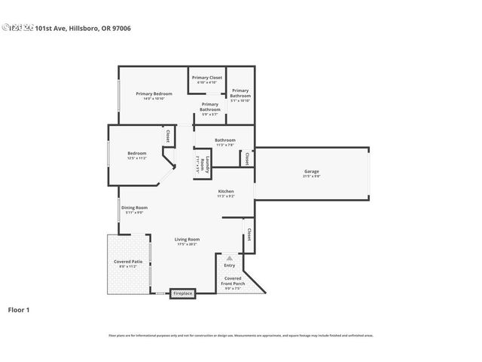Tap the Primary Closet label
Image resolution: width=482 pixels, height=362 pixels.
(x=206, y=78)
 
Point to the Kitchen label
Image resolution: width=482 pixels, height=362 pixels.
(x=227, y=192)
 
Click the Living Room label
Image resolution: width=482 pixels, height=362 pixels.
(x=188, y=239)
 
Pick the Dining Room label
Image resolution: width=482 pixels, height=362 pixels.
(x=135, y=207)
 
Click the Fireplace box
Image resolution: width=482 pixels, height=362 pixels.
(x=183, y=293)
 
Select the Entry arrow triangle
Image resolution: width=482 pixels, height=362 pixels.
(x=230, y=258)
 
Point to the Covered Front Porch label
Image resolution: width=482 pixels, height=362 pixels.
(x=233, y=281)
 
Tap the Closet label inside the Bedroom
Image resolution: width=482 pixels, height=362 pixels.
(x=166, y=137)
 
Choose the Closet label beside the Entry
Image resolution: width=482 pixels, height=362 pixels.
(x=249, y=234)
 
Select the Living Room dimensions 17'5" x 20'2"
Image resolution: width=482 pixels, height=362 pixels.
(x=188, y=244)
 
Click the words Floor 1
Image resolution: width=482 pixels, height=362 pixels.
(x=18, y=309)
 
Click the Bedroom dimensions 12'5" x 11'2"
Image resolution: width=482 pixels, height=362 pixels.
(x=136, y=158)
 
